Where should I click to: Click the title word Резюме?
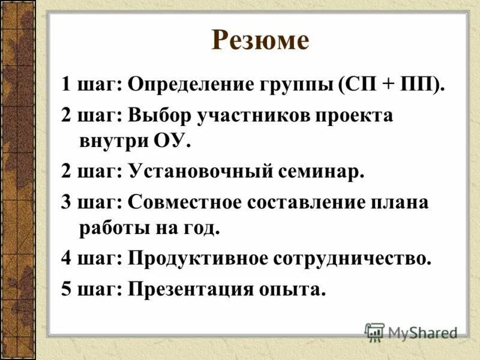[x=260, y=41]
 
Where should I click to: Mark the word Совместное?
[x=184, y=202]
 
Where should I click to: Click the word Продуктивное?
[x=197, y=259]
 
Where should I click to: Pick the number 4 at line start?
[x=67, y=259]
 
